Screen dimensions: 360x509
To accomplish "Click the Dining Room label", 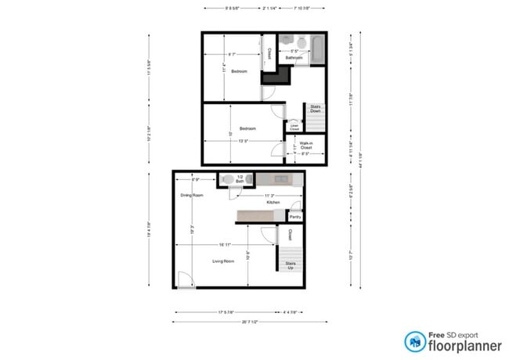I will [x=192, y=196].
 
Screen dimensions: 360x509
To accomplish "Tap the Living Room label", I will [x=223, y=261].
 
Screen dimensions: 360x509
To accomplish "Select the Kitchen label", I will [x=273, y=203].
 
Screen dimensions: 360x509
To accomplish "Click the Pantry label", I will [x=295, y=217].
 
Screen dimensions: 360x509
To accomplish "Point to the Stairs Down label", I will [x=316, y=110].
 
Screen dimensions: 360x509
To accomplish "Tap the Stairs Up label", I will [x=291, y=265].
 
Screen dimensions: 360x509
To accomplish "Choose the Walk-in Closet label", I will [x=306, y=145].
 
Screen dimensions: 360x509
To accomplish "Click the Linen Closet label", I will [x=294, y=126].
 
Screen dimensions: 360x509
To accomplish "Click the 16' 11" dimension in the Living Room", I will [x=226, y=245].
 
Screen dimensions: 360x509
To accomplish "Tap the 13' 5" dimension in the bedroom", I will [x=244, y=141].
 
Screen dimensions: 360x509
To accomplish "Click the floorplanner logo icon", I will [x=416, y=341].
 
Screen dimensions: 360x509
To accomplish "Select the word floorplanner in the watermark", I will [x=462, y=345].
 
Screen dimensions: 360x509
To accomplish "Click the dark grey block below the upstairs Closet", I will [x=270, y=76].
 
